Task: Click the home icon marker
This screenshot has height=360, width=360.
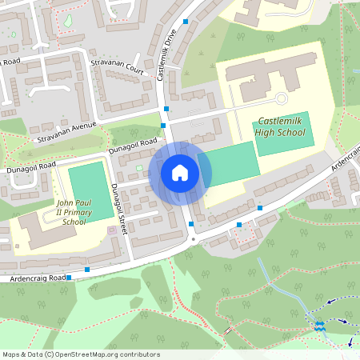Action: tap(180, 172)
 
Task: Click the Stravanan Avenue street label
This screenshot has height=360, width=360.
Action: tap(66, 132)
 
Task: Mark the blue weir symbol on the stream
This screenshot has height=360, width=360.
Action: tap(319, 326)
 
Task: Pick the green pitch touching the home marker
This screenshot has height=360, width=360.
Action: tap(232, 166)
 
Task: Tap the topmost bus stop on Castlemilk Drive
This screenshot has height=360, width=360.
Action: tap(186, 22)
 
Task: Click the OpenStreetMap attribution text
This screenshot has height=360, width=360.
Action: tap(81, 354)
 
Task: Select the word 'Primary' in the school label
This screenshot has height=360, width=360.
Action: tap(81, 212)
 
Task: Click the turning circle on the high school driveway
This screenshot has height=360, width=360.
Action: tap(280, 98)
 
